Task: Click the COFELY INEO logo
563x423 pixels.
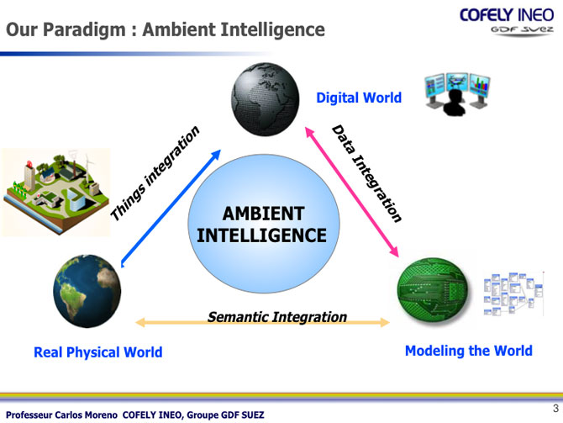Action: point(507,22)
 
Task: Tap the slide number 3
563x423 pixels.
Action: point(555,408)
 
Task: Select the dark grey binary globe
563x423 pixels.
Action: point(266,99)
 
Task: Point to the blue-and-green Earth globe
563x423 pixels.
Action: point(87,291)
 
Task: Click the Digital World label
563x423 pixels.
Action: point(359,98)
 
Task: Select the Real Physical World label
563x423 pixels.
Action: point(98,352)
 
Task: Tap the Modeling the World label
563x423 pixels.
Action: point(469,351)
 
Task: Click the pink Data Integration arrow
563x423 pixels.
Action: point(352,192)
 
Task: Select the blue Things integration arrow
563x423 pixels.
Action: point(171,209)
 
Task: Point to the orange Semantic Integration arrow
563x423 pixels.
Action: point(262,322)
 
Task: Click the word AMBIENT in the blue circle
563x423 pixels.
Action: point(264,214)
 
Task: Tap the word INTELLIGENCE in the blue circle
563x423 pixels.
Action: point(261,235)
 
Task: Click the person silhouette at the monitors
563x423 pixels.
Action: point(455,103)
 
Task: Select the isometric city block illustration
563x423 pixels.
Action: point(56,193)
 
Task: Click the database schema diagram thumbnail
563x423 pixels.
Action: point(513,294)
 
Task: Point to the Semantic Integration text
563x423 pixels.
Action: point(277,317)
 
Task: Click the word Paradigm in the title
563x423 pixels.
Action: point(84,30)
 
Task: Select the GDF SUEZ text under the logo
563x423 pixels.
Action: point(523,29)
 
